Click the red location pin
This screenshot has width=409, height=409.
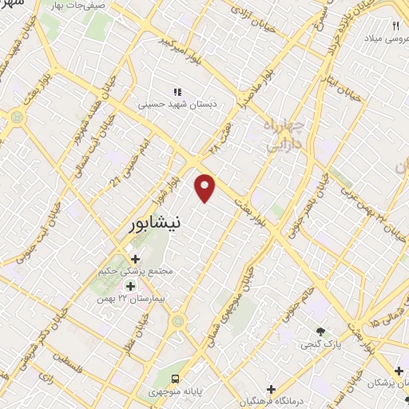(x=205, y=187)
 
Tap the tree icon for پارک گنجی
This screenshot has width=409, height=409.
(x=321, y=331)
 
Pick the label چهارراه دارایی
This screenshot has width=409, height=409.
(x=281, y=136)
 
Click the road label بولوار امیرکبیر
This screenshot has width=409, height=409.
(x=179, y=40)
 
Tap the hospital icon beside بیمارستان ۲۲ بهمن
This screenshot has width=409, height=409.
(x=131, y=285)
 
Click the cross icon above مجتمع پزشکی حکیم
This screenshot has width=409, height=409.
(x=134, y=259)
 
